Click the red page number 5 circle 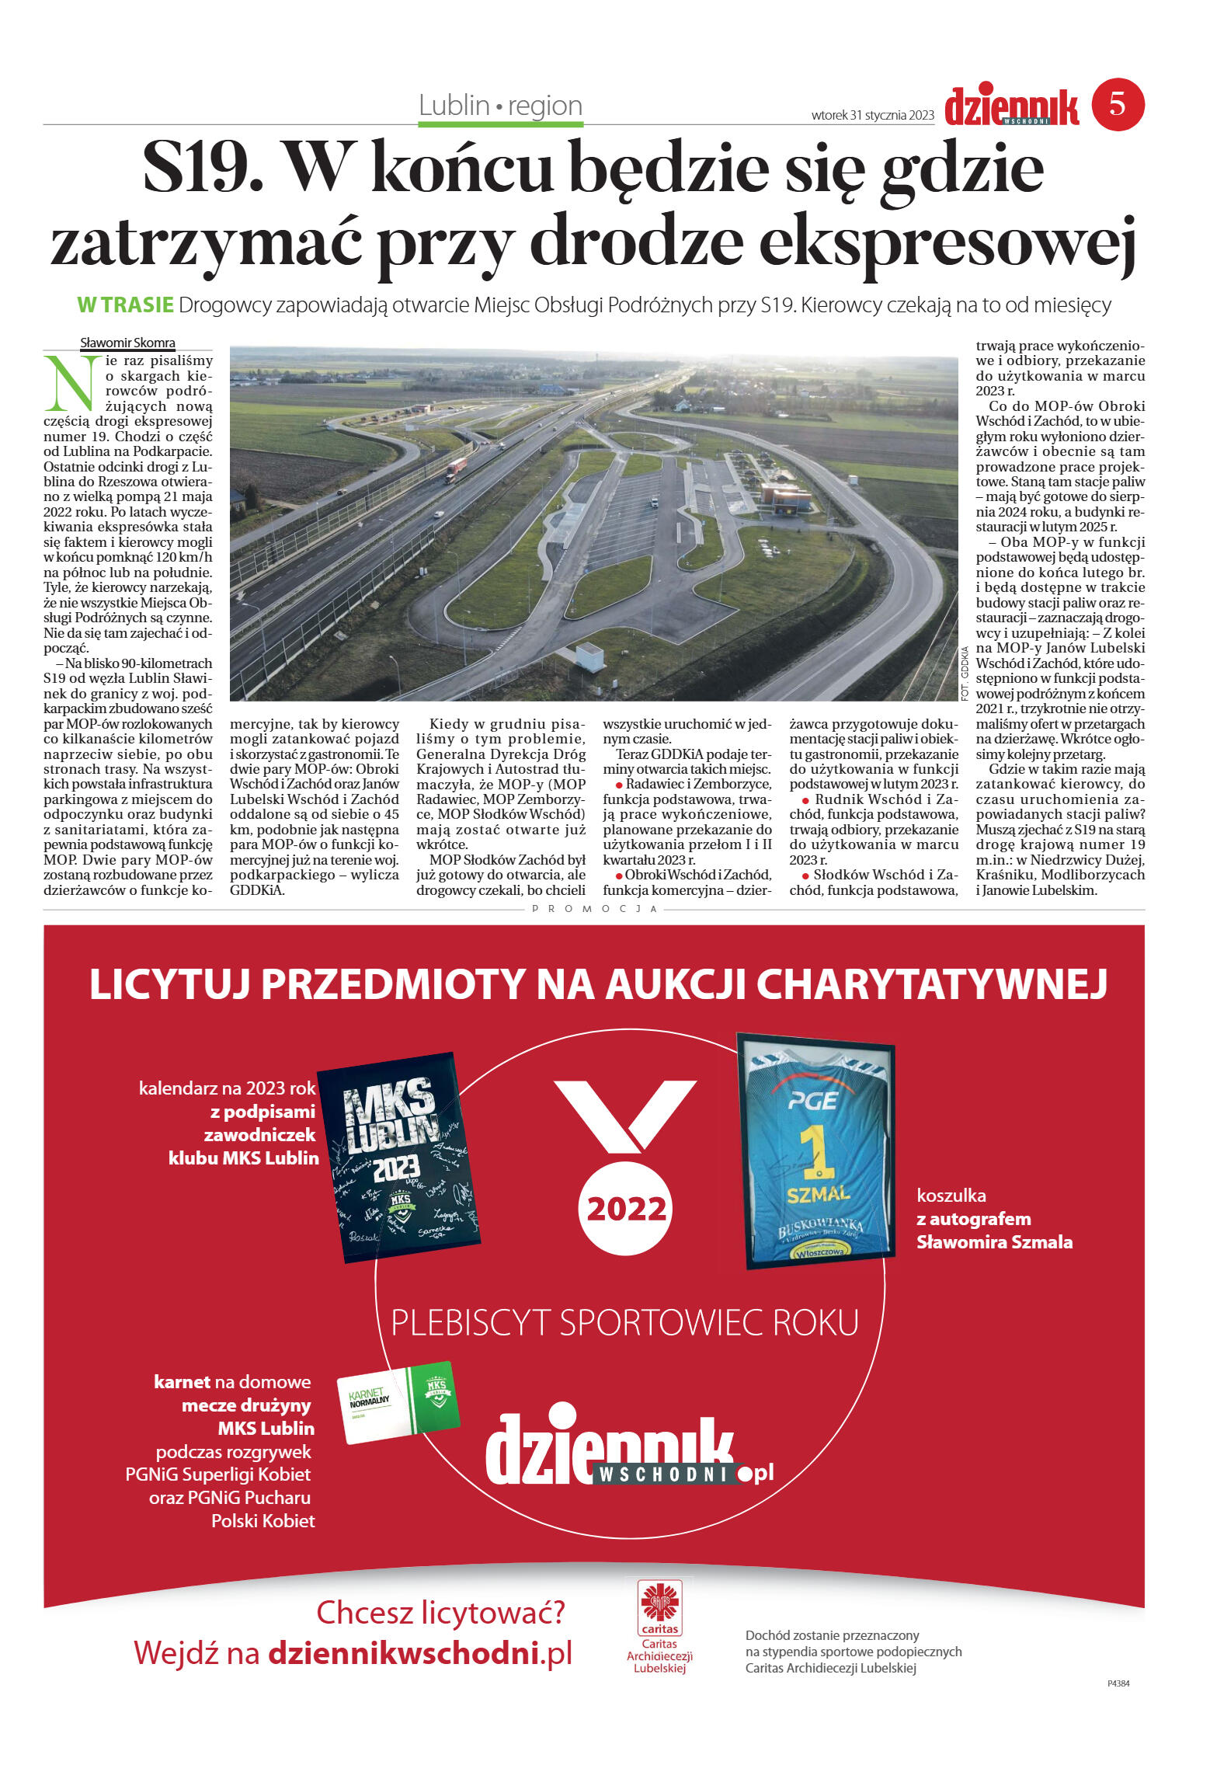[1118, 104]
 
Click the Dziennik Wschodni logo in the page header [1011, 107]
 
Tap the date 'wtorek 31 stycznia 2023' [872, 115]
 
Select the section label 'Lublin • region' [500, 106]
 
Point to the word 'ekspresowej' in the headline [947, 242]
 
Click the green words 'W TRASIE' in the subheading [125, 305]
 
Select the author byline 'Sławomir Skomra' [127, 343]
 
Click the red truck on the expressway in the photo [456, 469]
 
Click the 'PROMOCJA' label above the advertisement [595, 908]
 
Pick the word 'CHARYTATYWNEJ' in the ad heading [931, 984]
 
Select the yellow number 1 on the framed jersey [815, 1151]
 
